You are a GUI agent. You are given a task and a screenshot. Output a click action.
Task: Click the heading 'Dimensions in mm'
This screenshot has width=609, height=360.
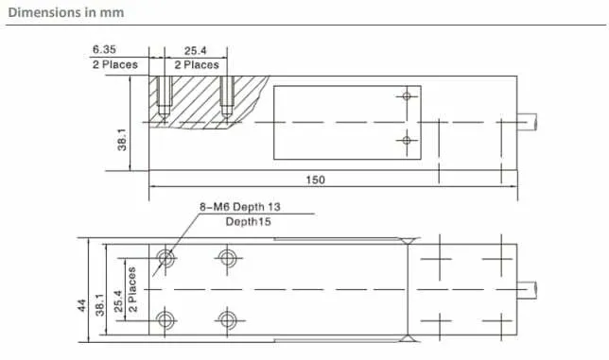(66, 12)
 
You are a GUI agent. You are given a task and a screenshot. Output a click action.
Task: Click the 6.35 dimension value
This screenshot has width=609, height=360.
(104, 50)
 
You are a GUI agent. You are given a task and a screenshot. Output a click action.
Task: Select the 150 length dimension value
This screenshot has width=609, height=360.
(316, 180)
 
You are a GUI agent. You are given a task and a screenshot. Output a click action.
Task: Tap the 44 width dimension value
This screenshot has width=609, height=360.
(82, 305)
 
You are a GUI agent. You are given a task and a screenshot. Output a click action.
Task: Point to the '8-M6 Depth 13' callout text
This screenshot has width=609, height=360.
(239, 207)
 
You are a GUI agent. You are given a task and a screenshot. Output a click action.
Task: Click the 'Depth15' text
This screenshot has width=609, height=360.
(248, 222)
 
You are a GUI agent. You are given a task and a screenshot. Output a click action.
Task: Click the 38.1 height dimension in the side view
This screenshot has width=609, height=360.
(122, 140)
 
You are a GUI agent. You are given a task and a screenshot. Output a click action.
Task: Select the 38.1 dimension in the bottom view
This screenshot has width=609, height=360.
(100, 305)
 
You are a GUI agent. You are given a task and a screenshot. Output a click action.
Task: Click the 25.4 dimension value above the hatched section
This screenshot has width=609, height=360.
(196, 51)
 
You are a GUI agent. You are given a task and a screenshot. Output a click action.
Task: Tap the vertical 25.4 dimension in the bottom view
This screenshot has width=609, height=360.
(119, 301)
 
